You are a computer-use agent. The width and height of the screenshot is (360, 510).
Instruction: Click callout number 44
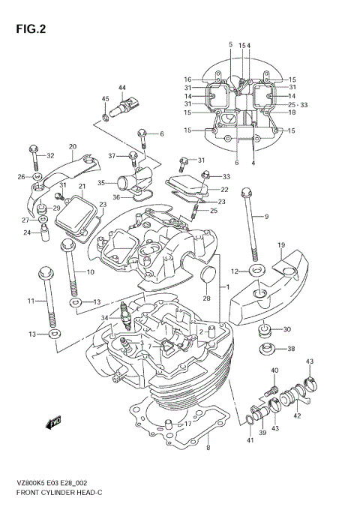tap(121, 88)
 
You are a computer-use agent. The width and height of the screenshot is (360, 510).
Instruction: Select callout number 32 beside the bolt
tap(51, 155)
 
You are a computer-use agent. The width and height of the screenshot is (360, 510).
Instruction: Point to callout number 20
tap(73, 146)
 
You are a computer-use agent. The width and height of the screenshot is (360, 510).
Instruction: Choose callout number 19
tap(280, 245)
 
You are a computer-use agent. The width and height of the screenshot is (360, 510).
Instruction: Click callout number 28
tap(207, 298)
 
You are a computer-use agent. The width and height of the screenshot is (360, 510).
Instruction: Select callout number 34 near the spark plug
tap(105, 318)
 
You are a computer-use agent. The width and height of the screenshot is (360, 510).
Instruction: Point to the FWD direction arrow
tap(55, 424)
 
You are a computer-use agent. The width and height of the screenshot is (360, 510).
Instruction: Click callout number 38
tap(291, 349)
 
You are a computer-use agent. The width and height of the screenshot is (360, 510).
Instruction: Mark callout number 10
tap(90, 271)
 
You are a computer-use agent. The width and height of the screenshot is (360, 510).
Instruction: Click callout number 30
tap(287, 330)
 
